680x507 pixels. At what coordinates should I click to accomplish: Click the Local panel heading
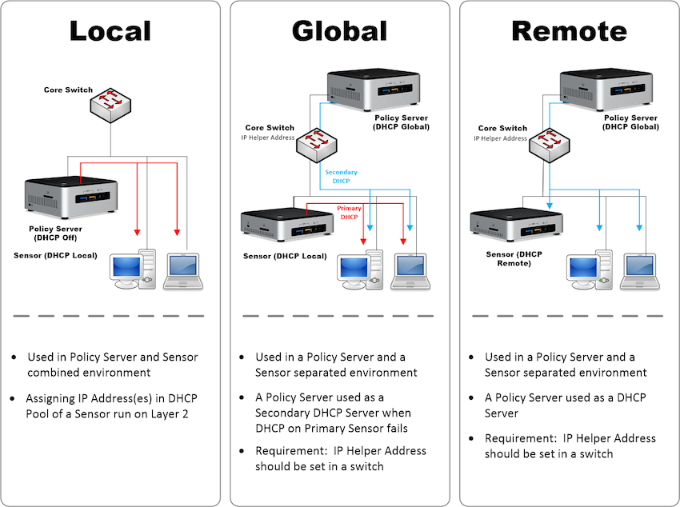pos(110,30)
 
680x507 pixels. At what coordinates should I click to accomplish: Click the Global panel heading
pos(339,30)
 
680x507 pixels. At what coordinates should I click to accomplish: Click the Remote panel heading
pos(569,30)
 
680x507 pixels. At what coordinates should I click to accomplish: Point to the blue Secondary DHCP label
pos(341,177)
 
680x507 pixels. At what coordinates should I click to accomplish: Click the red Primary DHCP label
pos(349,213)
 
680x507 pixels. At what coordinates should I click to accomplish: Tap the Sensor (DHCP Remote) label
pos(514,258)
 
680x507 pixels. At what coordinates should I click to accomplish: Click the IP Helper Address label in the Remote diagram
pos(501,138)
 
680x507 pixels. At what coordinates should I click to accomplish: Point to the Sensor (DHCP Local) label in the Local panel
pos(55,255)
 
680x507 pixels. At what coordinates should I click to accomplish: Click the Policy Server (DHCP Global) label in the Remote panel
pos(634,122)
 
